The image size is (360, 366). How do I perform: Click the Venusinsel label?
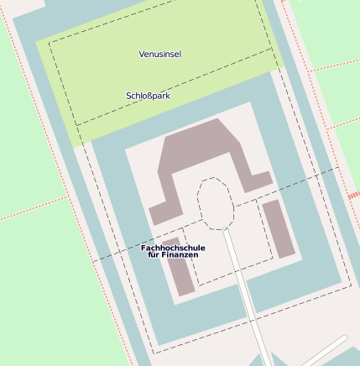[160, 54]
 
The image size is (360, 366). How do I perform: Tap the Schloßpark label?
[148, 96]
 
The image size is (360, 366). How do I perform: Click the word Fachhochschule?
[173, 248]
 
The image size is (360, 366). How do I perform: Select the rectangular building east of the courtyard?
[279, 227]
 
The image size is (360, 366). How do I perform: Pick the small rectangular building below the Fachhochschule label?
[180, 277]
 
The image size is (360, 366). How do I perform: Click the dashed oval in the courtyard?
[215, 202]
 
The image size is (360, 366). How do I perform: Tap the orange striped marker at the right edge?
[353, 196]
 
